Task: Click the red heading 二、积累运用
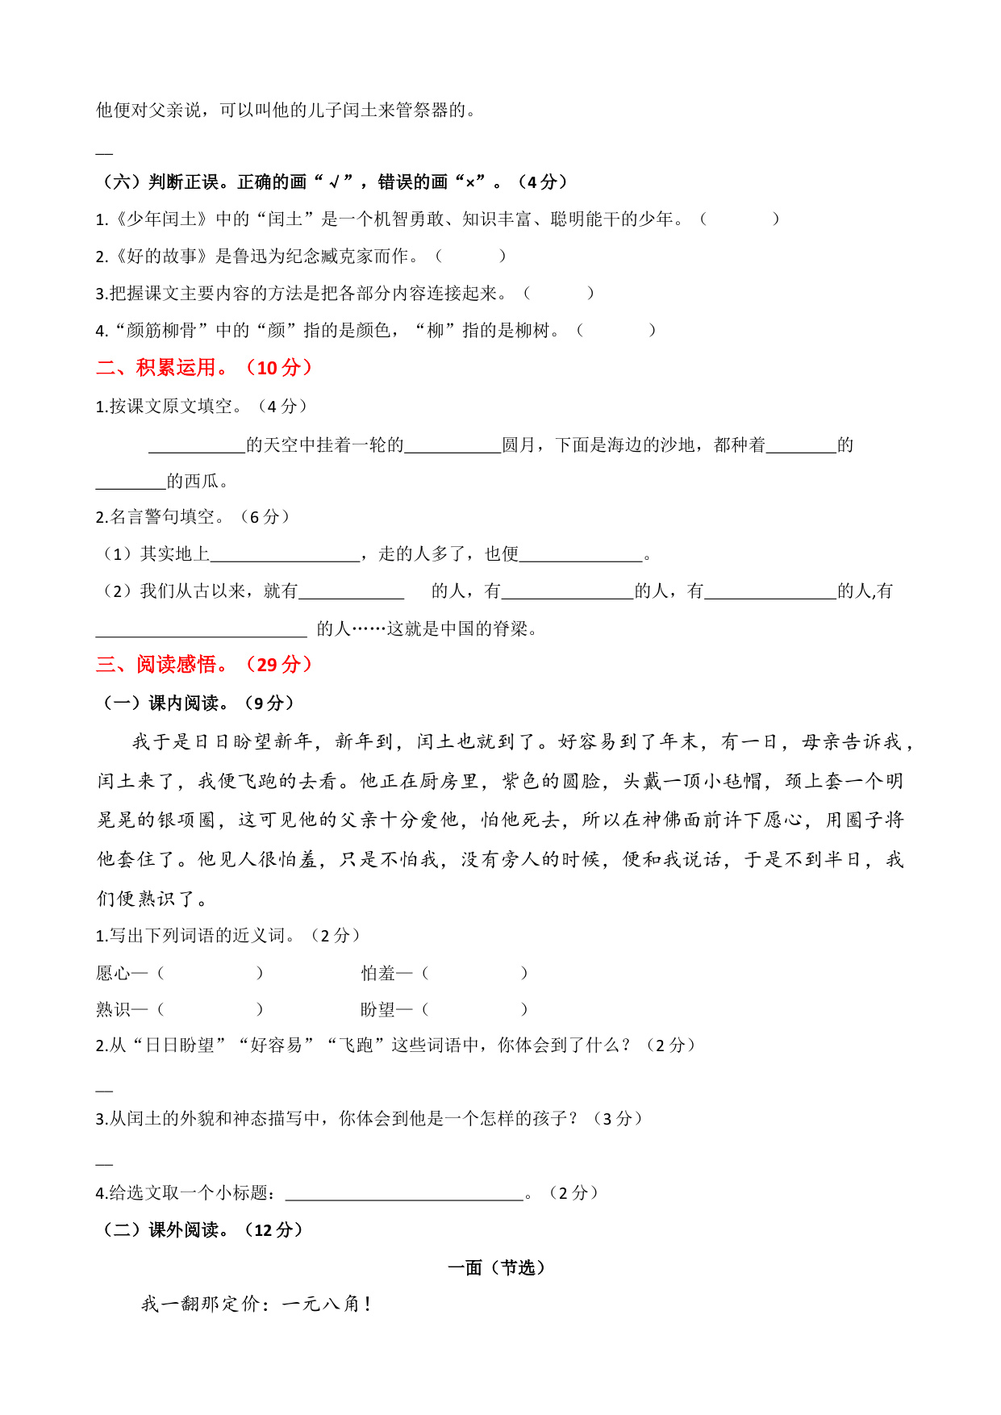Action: [204, 368]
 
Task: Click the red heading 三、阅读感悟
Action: [204, 665]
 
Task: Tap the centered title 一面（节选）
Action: [497, 1268]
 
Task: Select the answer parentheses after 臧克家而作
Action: [470, 257]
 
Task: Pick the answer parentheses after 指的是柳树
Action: [616, 331]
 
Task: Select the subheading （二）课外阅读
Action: [202, 1230]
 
